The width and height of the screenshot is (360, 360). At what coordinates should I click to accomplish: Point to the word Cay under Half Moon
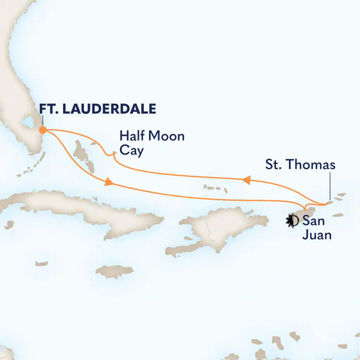click(131, 151)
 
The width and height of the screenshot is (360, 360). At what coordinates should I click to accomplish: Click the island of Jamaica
click(114, 272)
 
